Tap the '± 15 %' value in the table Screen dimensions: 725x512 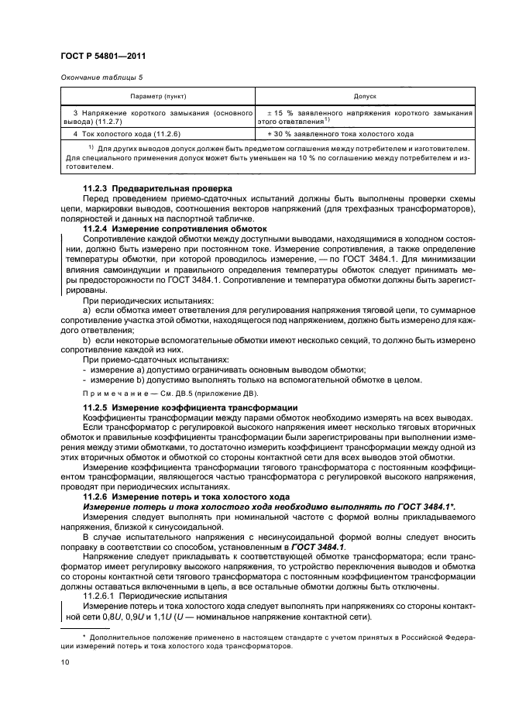280,113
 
